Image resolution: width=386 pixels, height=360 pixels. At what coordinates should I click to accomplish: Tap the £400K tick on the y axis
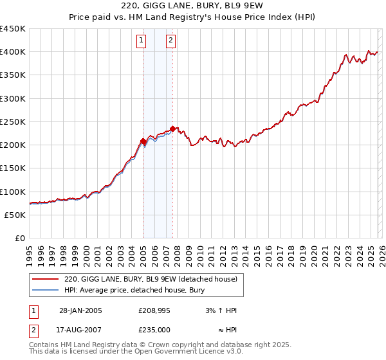(13, 52)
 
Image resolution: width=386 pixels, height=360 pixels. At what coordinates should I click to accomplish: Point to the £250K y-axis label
(13, 122)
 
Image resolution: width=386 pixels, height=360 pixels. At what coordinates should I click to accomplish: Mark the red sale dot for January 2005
(143, 141)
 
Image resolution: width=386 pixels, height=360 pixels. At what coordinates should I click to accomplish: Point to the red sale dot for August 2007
(172, 129)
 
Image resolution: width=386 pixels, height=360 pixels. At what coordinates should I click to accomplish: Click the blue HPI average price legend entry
(134, 291)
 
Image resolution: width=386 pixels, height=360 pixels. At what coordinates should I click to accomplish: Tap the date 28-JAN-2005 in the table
(80, 311)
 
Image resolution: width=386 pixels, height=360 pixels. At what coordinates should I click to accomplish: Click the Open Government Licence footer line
(136, 353)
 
